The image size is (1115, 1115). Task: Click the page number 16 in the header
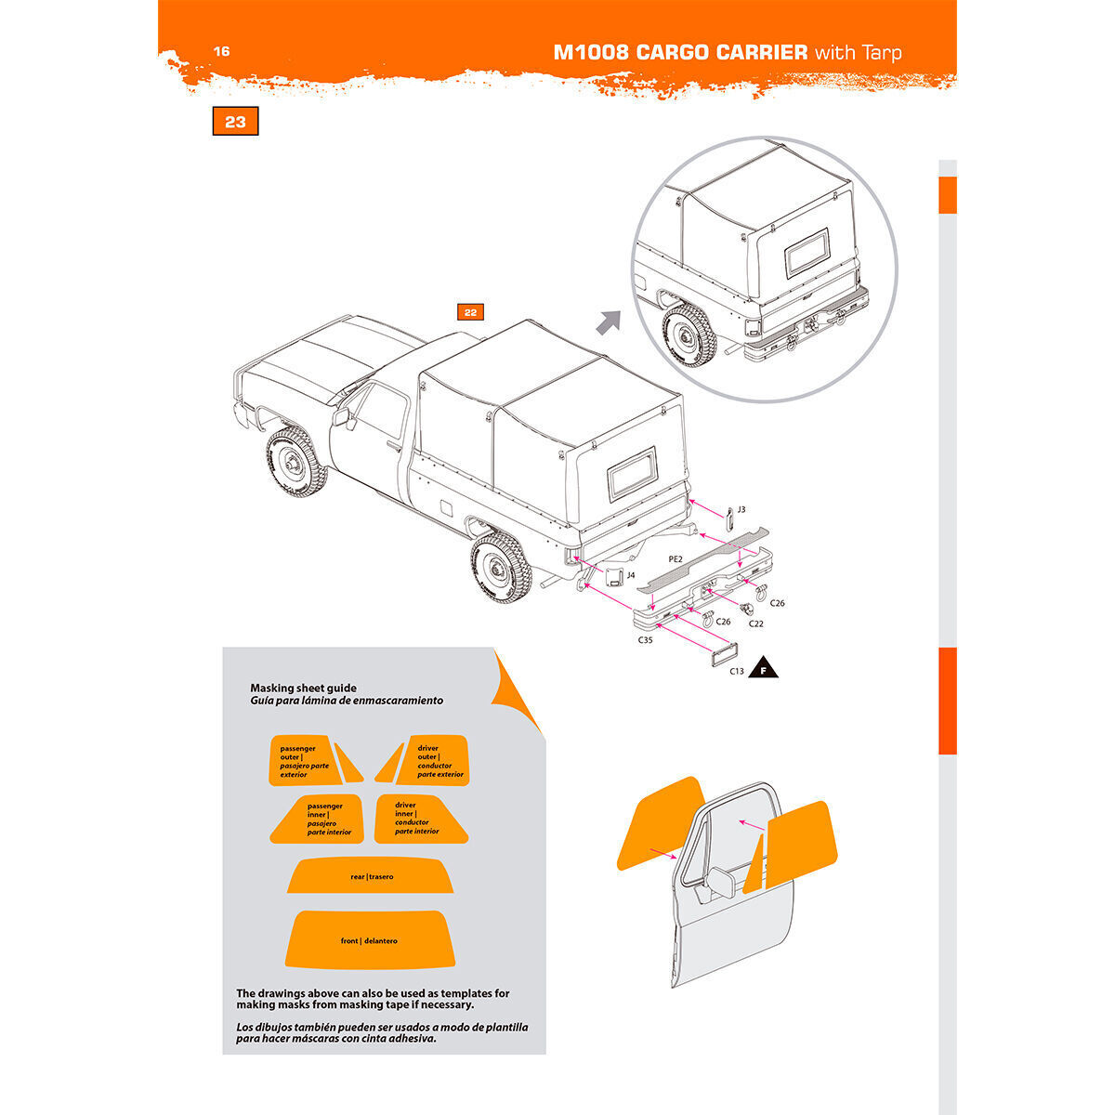(221, 51)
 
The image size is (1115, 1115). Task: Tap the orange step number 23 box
(235, 122)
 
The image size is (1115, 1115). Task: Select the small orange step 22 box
(470, 312)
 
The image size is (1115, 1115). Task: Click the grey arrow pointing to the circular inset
(608, 322)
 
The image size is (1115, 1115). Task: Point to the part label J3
(741, 509)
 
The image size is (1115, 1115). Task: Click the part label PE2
(676, 559)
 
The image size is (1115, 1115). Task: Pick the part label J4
(630, 575)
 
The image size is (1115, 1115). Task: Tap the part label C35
(644, 640)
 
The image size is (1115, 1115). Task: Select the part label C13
(736, 670)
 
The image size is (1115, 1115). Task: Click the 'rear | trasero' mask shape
(372, 876)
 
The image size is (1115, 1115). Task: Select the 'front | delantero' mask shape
(369, 939)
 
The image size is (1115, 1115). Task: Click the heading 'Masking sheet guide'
(303, 689)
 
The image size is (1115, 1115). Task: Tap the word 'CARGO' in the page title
(676, 52)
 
